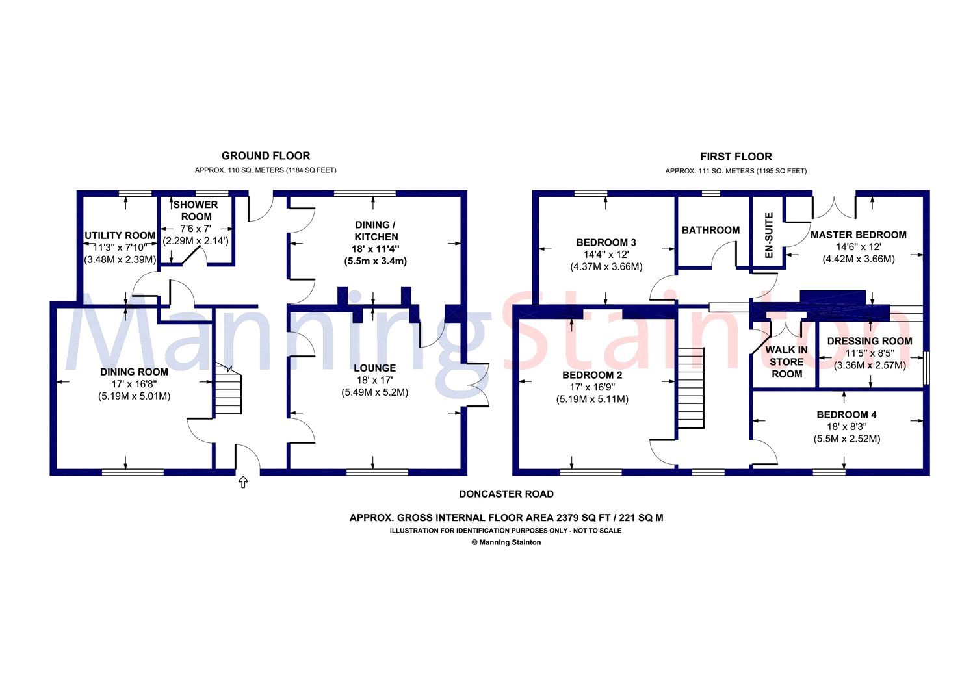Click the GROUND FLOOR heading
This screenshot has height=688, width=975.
pos(265,156)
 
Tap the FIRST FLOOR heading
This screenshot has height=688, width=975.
pos(736,157)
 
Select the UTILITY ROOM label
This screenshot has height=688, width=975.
pos(120,235)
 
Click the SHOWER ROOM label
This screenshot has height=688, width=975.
pos(196,210)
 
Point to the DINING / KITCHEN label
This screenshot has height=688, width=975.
pos(376,231)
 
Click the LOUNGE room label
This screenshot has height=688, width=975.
pos(375,368)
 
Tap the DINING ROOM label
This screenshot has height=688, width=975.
pos(134,372)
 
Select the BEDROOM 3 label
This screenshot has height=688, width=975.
pos(606,242)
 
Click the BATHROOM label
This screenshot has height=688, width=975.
pos(710,230)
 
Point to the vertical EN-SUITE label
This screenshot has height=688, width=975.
pos(769,235)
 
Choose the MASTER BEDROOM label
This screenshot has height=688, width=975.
pos(859,235)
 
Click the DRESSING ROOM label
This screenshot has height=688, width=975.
pos(870,341)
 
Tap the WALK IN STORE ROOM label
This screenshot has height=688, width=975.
pos(786,362)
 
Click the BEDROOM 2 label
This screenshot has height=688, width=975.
pos(592,375)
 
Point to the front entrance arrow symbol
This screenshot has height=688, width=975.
pos(243,482)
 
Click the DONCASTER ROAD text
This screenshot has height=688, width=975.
pos(506,494)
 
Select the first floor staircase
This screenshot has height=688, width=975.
pos(691,388)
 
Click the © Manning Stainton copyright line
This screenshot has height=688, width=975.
pos(506,542)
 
